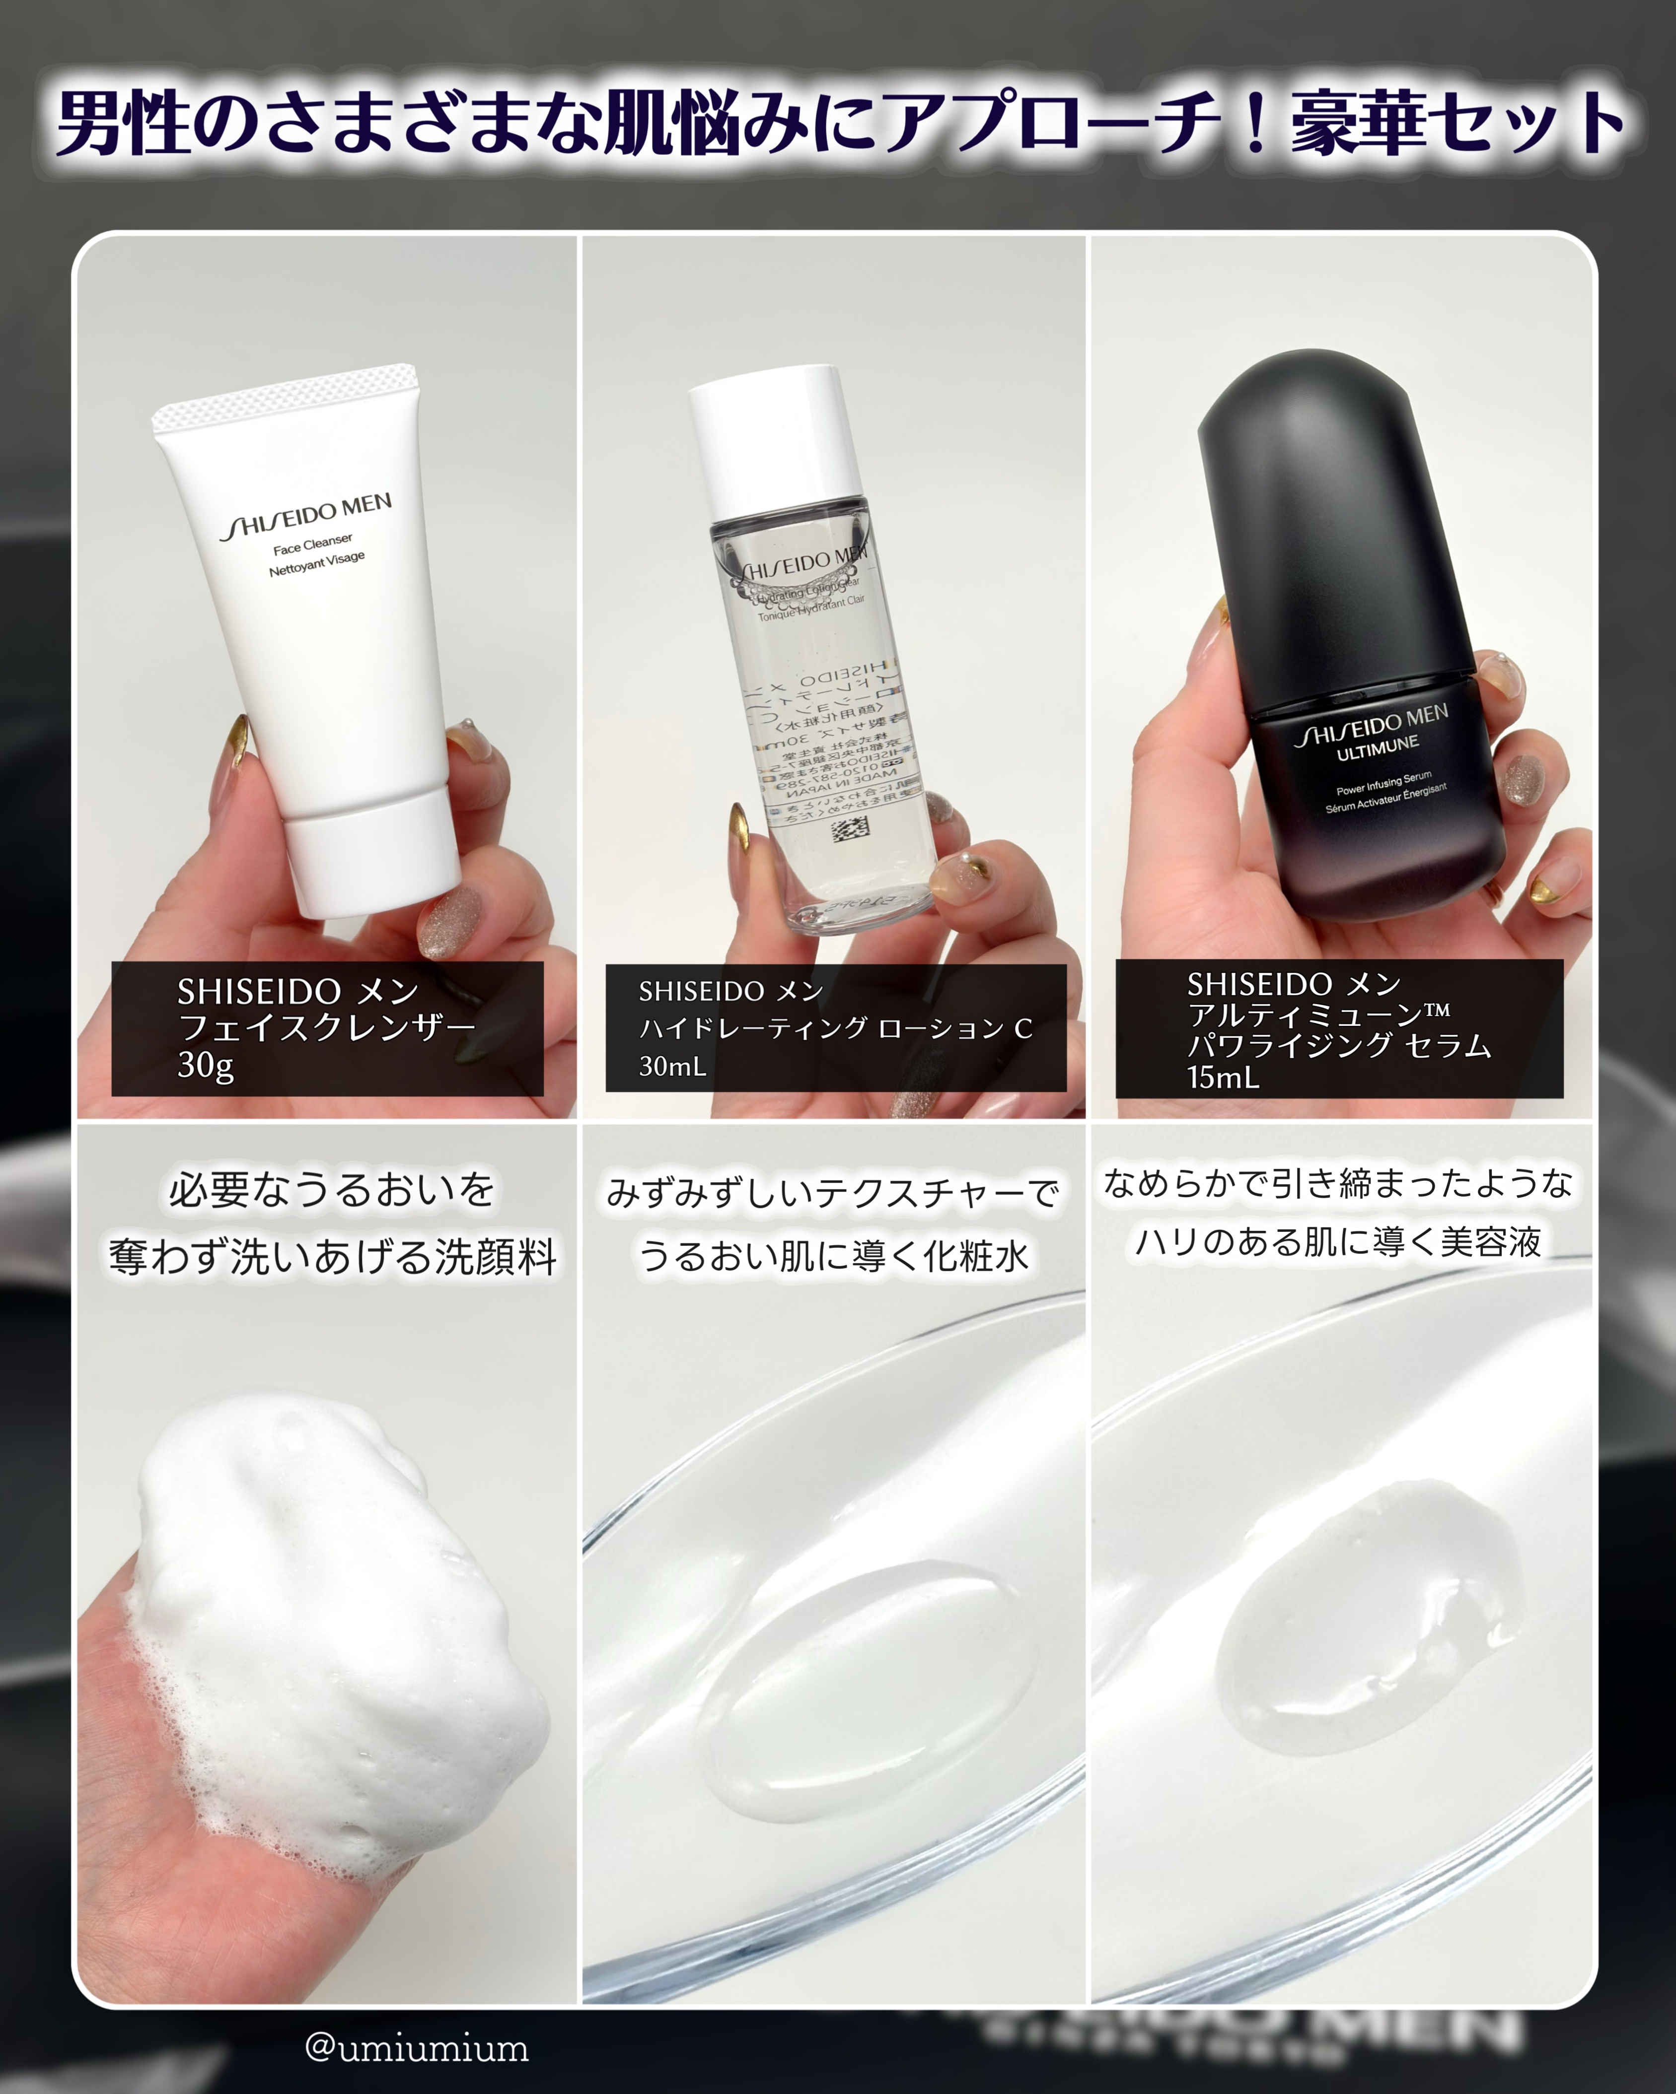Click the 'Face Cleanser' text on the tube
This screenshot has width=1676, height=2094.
[x=313, y=544]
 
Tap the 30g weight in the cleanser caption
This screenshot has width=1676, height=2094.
[x=205, y=1066]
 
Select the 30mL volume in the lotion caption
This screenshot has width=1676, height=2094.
[x=671, y=1067]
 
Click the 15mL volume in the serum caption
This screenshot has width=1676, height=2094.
[x=1222, y=1076]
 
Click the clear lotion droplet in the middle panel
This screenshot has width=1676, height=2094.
[x=855, y=1671]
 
